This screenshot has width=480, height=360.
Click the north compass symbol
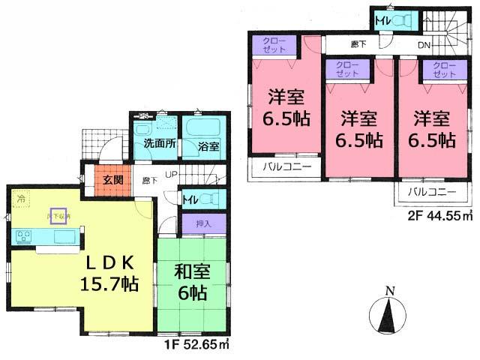388,310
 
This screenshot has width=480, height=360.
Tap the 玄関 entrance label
114,181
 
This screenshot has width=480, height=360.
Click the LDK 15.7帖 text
108,273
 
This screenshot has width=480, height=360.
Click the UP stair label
172,175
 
